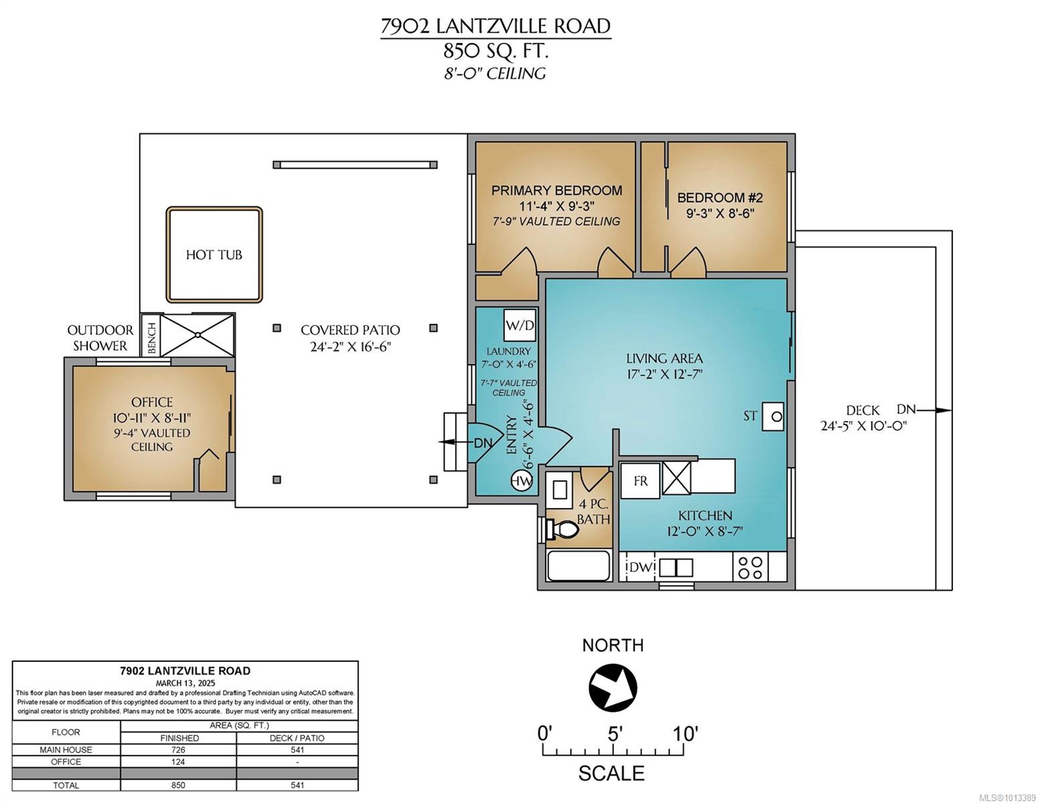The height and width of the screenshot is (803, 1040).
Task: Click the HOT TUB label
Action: [x=214, y=255]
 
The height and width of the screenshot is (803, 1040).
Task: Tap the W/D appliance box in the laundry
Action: [x=520, y=325]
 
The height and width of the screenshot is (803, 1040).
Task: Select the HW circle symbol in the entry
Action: [x=521, y=481]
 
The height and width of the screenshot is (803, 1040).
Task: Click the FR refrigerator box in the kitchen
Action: [x=640, y=480]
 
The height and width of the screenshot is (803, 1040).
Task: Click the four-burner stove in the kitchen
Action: [x=750, y=567]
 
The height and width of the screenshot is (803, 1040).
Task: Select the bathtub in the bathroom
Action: [x=579, y=566]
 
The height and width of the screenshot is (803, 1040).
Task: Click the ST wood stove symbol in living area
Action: [x=772, y=417]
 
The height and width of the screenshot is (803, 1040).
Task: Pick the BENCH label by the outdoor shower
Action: [x=152, y=338]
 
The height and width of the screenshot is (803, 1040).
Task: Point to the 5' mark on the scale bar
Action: [x=615, y=734]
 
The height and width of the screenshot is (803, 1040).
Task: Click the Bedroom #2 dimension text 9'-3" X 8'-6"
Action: [x=720, y=213]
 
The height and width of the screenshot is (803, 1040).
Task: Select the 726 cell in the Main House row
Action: [x=178, y=750]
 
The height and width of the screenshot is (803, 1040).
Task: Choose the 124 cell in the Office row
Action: [x=178, y=762]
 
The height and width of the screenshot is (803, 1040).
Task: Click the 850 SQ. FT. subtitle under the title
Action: [x=496, y=51]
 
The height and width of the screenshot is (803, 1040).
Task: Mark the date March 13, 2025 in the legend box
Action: [x=185, y=683]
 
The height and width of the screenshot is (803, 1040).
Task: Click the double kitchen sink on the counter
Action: [x=676, y=567]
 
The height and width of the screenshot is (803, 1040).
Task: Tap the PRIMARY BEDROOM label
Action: [x=556, y=190]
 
